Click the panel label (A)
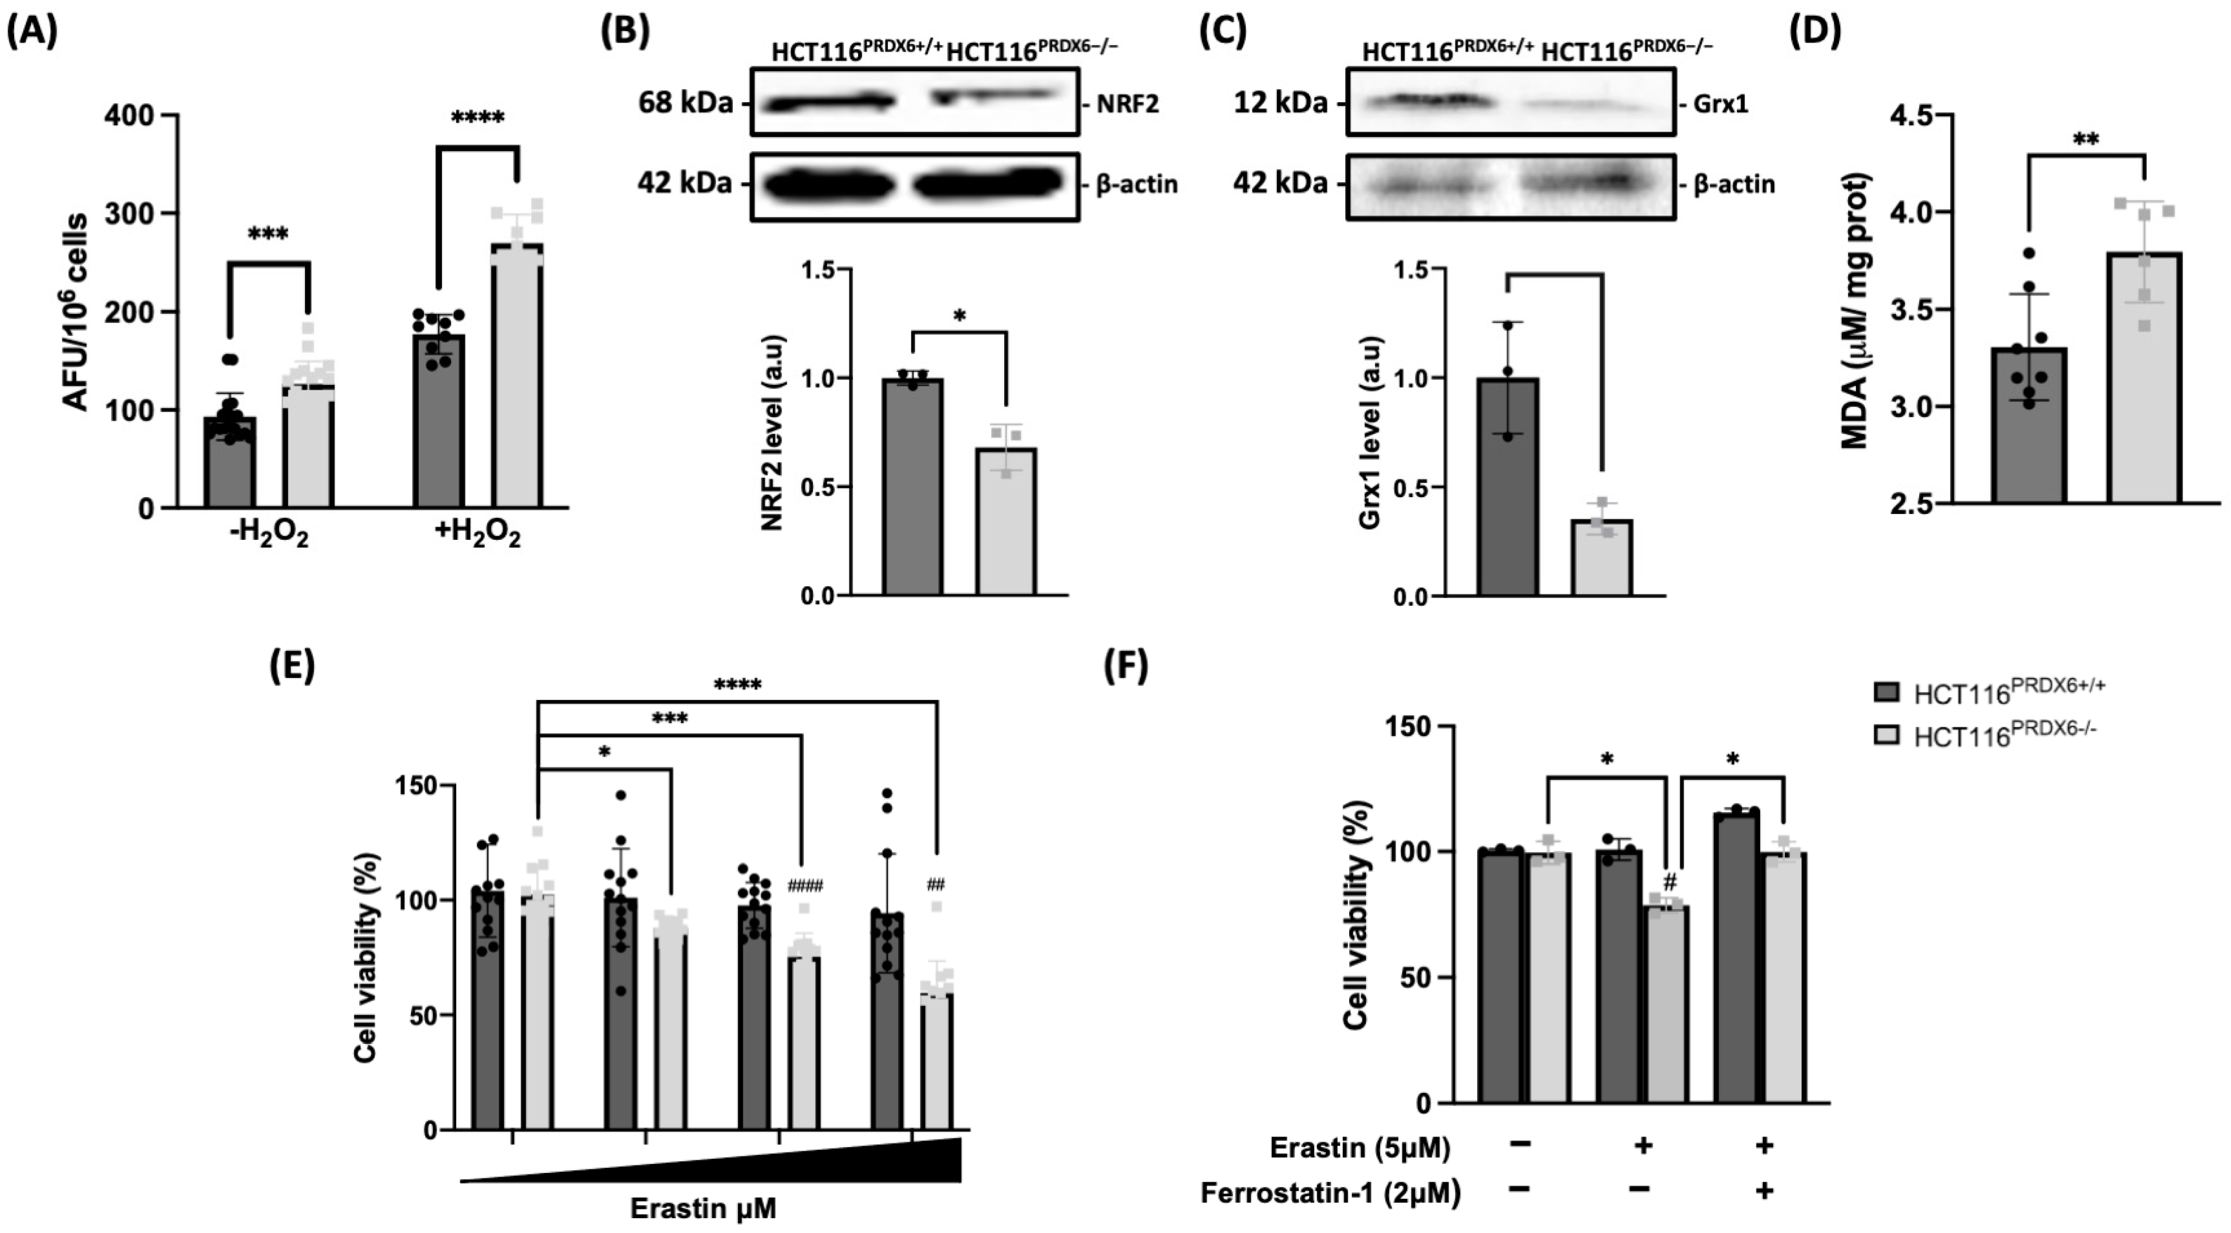click(32, 32)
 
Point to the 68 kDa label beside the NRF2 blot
click(684, 103)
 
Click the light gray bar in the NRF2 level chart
click(1006, 521)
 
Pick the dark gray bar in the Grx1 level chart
click(1508, 487)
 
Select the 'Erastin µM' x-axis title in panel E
click(702, 1208)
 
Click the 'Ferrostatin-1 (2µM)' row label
click(1330, 1193)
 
